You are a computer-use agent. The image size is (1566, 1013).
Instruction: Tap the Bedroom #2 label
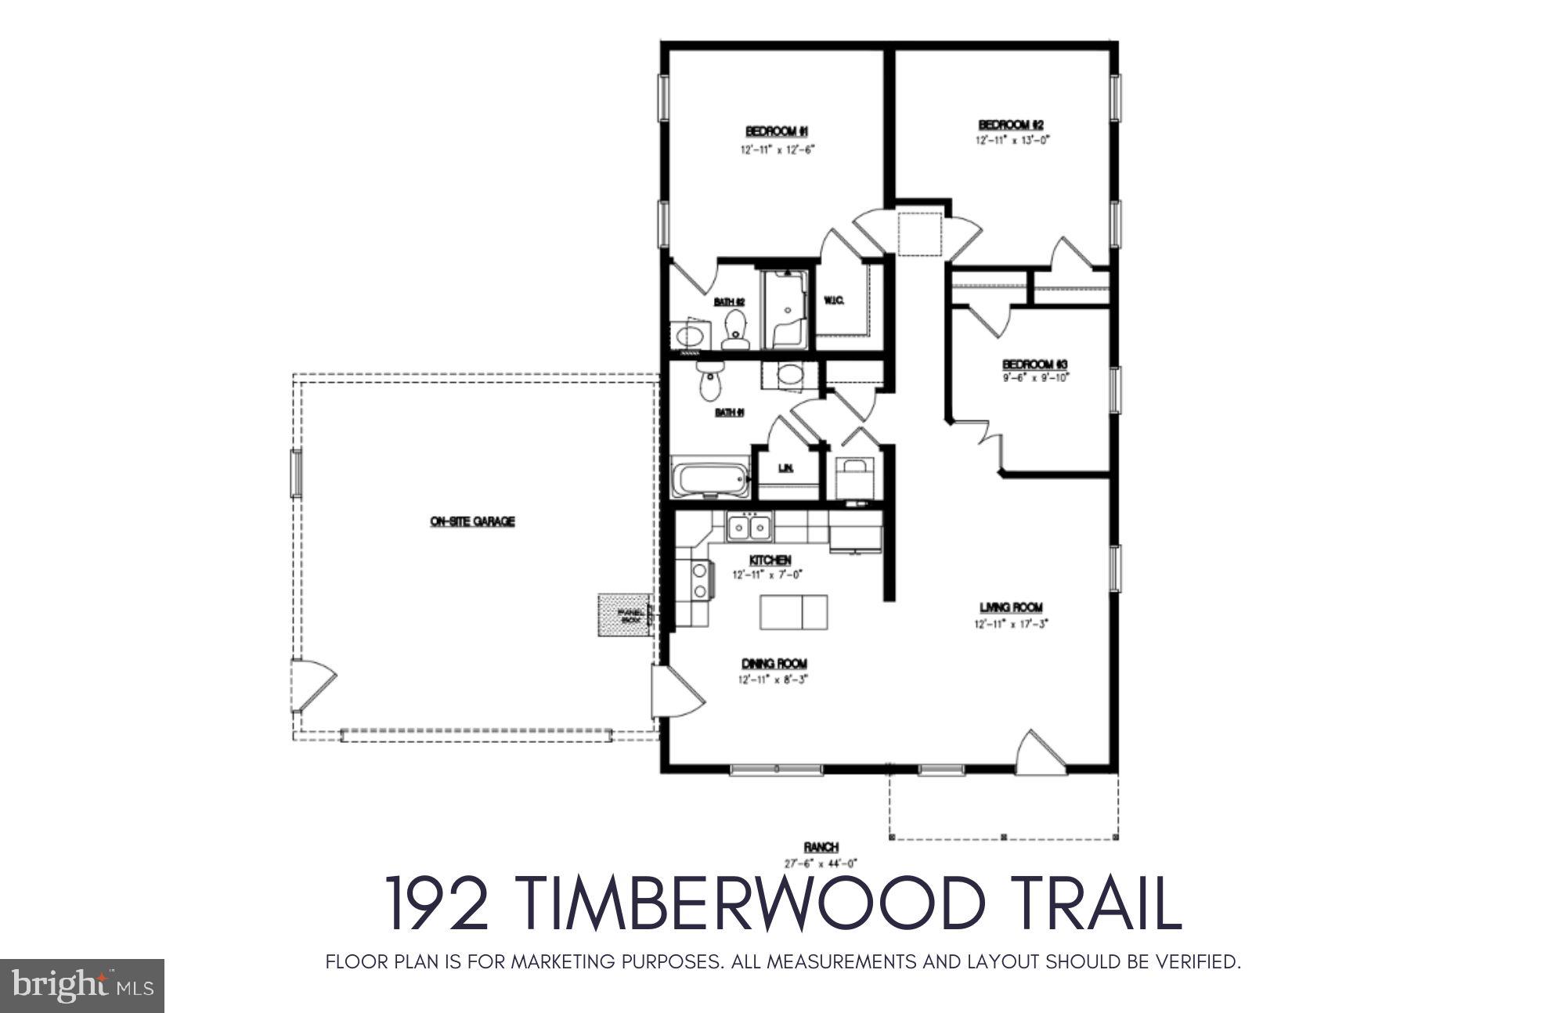(1011, 124)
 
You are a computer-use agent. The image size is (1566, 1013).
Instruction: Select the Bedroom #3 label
(1035, 365)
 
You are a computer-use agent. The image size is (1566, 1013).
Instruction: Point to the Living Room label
(1011, 607)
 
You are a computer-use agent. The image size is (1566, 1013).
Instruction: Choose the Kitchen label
(770, 561)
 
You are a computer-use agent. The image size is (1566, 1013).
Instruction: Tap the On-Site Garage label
(472, 521)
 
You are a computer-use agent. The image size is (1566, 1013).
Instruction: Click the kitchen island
(793, 612)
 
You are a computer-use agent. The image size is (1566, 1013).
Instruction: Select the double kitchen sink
(749, 528)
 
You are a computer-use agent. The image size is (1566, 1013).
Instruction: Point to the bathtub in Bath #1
(709, 478)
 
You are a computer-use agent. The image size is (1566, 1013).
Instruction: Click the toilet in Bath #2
(735, 329)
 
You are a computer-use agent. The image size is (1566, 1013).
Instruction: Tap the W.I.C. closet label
(834, 301)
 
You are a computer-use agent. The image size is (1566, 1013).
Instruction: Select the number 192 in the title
(438, 903)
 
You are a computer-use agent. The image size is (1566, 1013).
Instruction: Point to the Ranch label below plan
(821, 847)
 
